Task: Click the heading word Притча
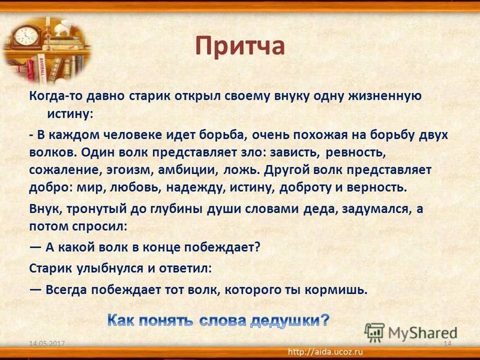[x=240, y=47]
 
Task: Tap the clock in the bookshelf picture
[x=26, y=37]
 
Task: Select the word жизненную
[x=385, y=96]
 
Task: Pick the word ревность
[x=355, y=152]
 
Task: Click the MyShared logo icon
[x=374, y=332]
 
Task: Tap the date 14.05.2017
[x=47, y=343]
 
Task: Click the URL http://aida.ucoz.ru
[x=326, y=352]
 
